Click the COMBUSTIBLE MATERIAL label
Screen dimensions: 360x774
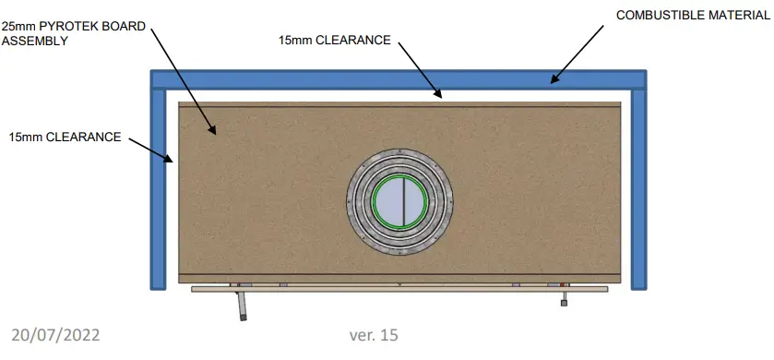tap(693, 16)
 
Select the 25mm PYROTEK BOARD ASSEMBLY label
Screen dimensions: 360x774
tap(73, 33)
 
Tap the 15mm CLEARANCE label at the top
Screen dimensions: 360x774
tap(334, 40)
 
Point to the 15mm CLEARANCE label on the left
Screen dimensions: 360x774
tap(65, 138)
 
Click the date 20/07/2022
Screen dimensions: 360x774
tap(56, 334)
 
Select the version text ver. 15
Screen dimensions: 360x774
tap(374, 334)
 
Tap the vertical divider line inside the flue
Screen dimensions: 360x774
tap(399, 202)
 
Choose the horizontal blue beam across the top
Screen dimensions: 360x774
tap(398, 79)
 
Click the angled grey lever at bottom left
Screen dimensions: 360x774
tap(241, 306)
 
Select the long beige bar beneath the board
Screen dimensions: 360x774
tap(399, 289)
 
